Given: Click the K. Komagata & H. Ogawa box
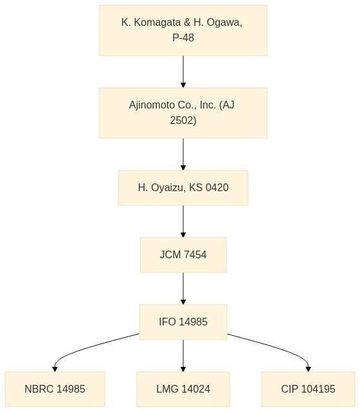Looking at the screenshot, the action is pyautogui.click(x=183, y=30).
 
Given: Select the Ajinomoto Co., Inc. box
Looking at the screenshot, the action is pyautogui.click(x=183, y=113).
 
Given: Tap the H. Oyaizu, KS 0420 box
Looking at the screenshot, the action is pyautogui.click(x=183, y=188).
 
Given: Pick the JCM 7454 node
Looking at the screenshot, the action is pyautogui.click(x=183, y=255).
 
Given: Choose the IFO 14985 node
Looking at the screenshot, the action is pyautogui.click(x=183, y=322).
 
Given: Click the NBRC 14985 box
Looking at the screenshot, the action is pyautogui.click(x=55, y=389).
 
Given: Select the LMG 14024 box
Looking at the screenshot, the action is pyautogui.click(x=183, y=389).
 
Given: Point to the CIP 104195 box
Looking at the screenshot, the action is pyautogui.click(x=308, y=389).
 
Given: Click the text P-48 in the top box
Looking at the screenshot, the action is pyautogui.click(x=183, y=37).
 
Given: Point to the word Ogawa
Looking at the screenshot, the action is pyautogui.click(x=224, y=23).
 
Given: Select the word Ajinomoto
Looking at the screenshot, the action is pyautogui.click(x=152, y=105).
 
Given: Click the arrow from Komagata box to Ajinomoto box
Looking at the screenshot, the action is pyautogui.click(x=183, y=72).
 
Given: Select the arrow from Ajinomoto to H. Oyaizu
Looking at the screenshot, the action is pyautogui.click(x=183, y=154).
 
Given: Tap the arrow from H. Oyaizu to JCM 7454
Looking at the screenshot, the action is pyautogui.click(x=183, y=221).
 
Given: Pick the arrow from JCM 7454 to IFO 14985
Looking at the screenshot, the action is pyautogui.click(x=183, y=289).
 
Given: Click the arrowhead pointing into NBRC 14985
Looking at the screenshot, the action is pyautogui.click(x=55, y=369).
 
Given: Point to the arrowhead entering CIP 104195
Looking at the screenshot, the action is pyautogui.click(x=308, y=369).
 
